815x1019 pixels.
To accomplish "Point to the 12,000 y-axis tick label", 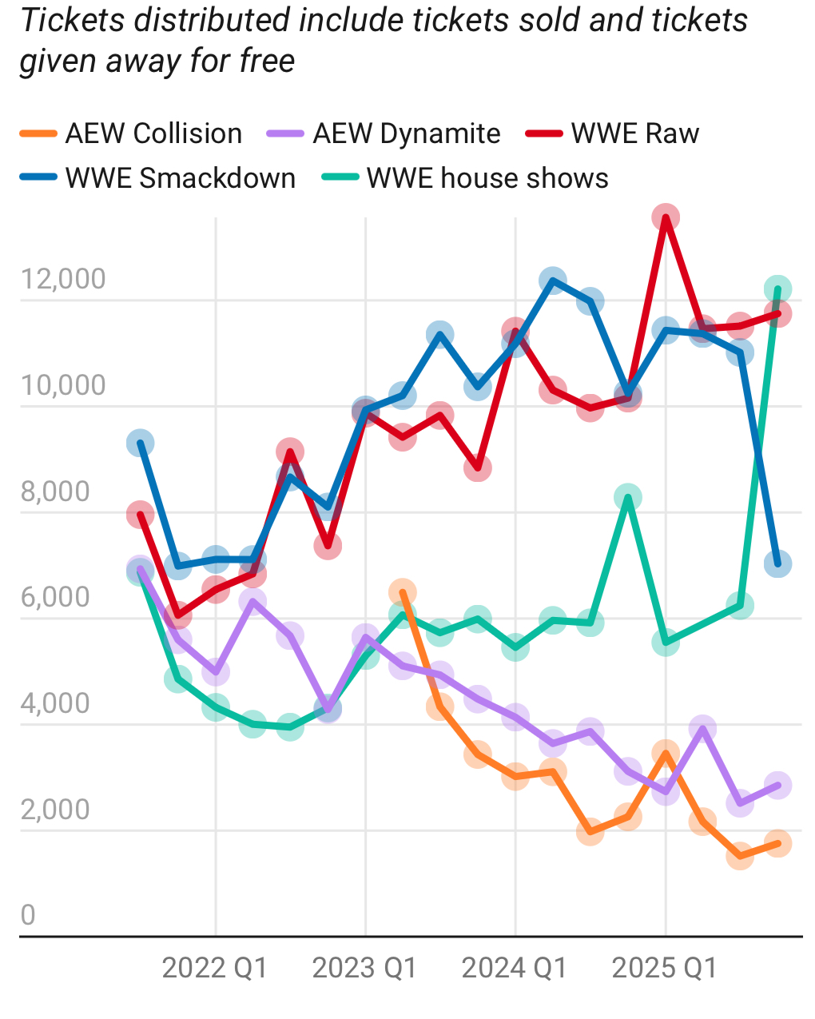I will [63, 279].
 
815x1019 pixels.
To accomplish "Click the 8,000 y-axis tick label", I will [55, 492].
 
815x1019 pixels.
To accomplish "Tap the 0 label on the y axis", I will [28, 915].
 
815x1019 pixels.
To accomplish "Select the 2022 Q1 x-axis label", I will [215, 968].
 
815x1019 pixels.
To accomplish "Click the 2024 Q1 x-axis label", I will [515, 968].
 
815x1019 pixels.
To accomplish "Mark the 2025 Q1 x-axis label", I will [665, 968].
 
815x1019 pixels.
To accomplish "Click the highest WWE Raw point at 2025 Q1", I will [666, 217].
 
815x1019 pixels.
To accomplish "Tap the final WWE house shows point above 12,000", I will [777, 289].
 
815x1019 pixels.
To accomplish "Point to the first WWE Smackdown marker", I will [141, 444].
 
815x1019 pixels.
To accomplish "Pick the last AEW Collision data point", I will [777, 843].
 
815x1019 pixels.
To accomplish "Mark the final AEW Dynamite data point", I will [777, 785].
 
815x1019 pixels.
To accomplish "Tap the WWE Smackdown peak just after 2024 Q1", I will [552, 281].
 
